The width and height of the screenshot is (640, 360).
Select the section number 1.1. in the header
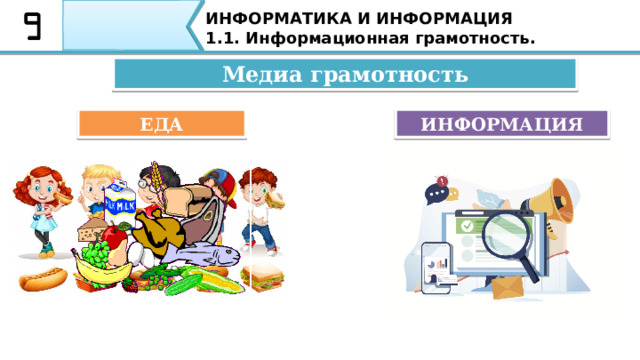tap(225, 39)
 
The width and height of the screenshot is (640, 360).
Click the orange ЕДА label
tap(162, 123)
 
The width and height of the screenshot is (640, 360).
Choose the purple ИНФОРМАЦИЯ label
tap(502, 123)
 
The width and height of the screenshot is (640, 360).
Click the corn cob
tap(186, 284)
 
